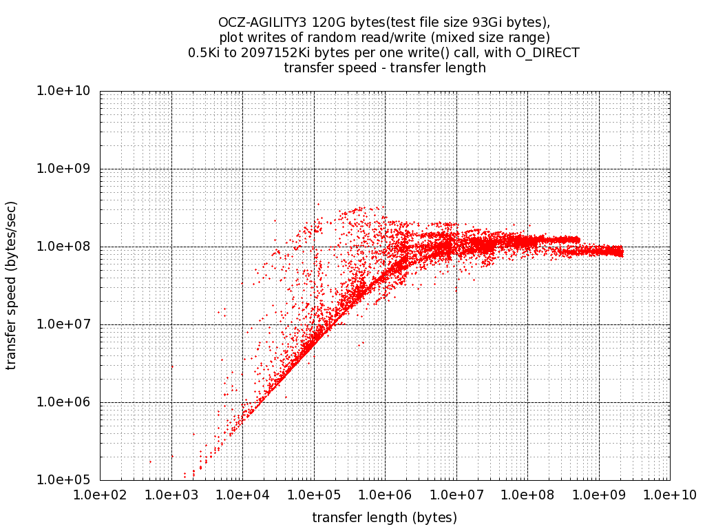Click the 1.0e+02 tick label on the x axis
[x=100, y=495]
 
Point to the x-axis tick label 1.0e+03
[x=171, y=495]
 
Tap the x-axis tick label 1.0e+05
[x=314, y=495]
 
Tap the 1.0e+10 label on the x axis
[x=670, y=495]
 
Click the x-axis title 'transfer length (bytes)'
[x=385, y=517]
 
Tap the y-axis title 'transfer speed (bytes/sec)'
[x=11, y=285]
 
